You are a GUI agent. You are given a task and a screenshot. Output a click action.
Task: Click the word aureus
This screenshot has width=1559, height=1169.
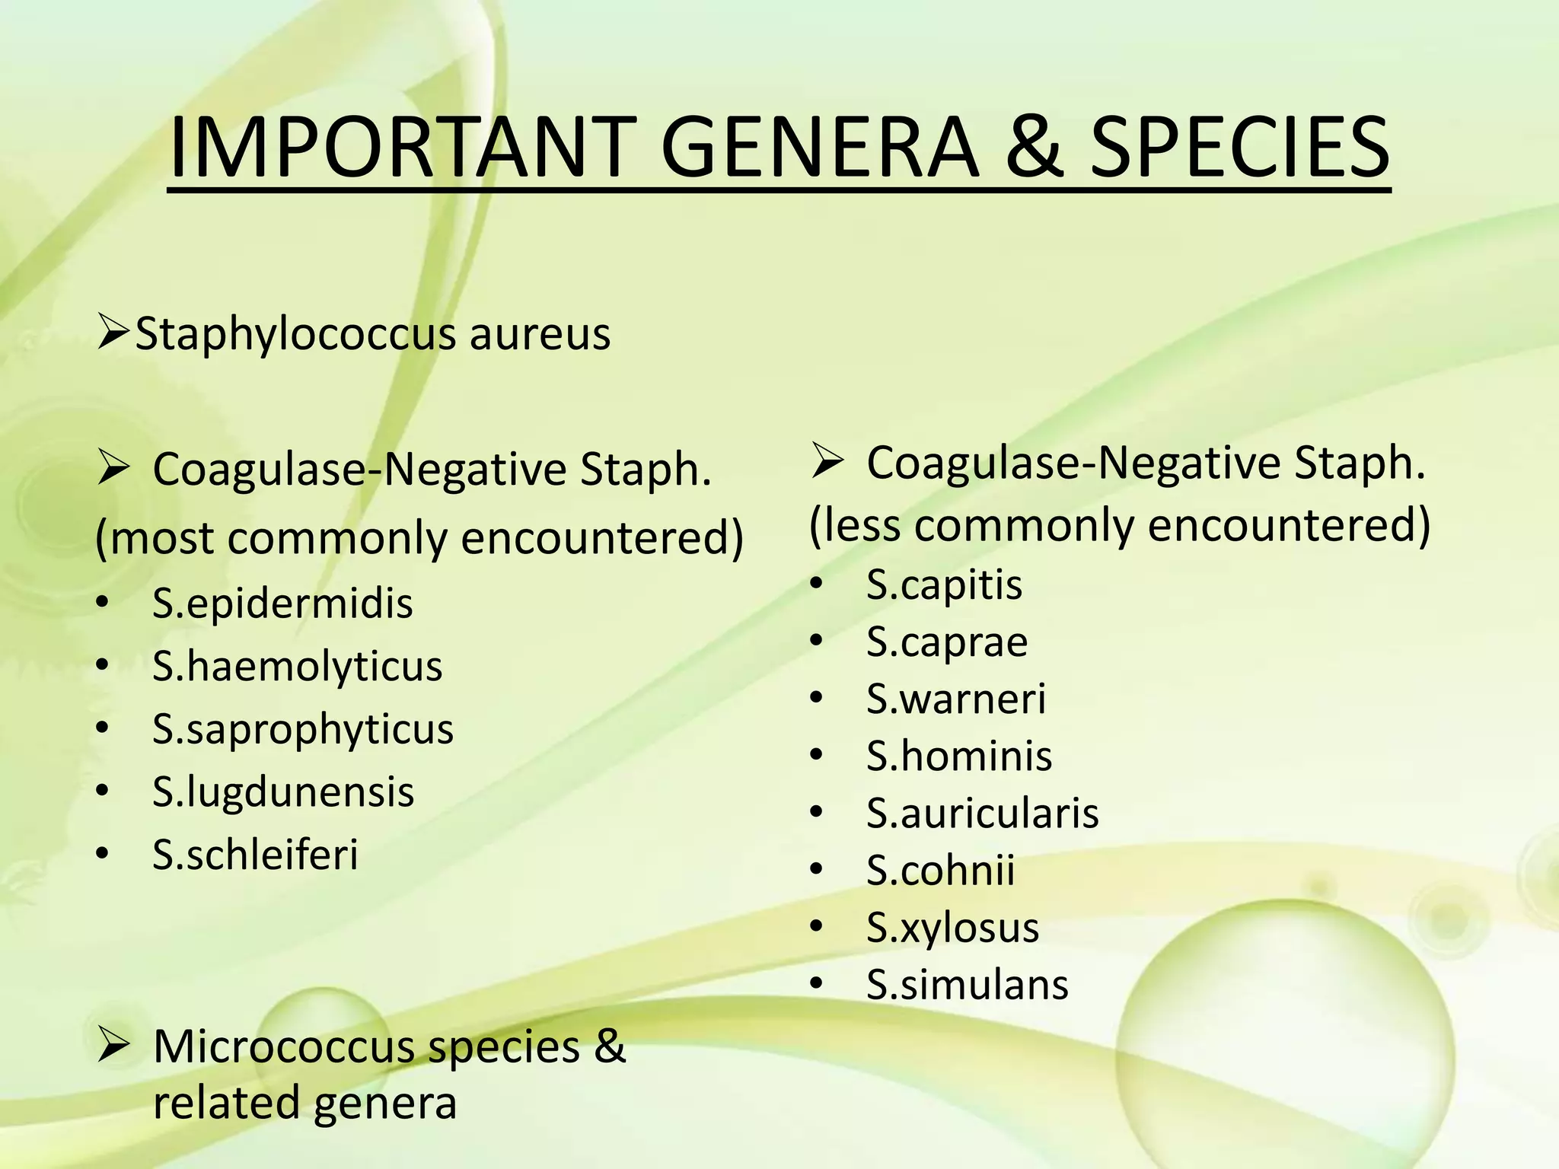[540, 334]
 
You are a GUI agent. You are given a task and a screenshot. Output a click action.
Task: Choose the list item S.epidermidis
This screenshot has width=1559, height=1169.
[282, 604]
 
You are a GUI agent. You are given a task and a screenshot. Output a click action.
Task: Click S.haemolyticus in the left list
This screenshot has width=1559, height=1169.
[297, 667]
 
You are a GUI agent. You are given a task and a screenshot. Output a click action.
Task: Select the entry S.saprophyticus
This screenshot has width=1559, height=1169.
[303, 729]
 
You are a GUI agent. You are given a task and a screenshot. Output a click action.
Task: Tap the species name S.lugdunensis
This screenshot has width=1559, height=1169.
[283, 792]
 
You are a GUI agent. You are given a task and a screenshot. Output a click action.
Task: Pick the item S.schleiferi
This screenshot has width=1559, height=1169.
[255, 854]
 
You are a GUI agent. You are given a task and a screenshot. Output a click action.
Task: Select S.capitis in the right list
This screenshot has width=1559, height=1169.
[944, 585]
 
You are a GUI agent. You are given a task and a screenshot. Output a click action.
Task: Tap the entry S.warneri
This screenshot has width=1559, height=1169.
[956, 699]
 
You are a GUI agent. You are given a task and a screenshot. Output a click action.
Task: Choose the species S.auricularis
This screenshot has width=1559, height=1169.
[983, 813]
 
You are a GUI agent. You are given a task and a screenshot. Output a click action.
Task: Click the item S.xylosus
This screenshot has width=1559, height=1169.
[952, 928]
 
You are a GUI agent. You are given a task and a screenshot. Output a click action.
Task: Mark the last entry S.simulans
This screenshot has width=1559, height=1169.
[968, 985]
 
